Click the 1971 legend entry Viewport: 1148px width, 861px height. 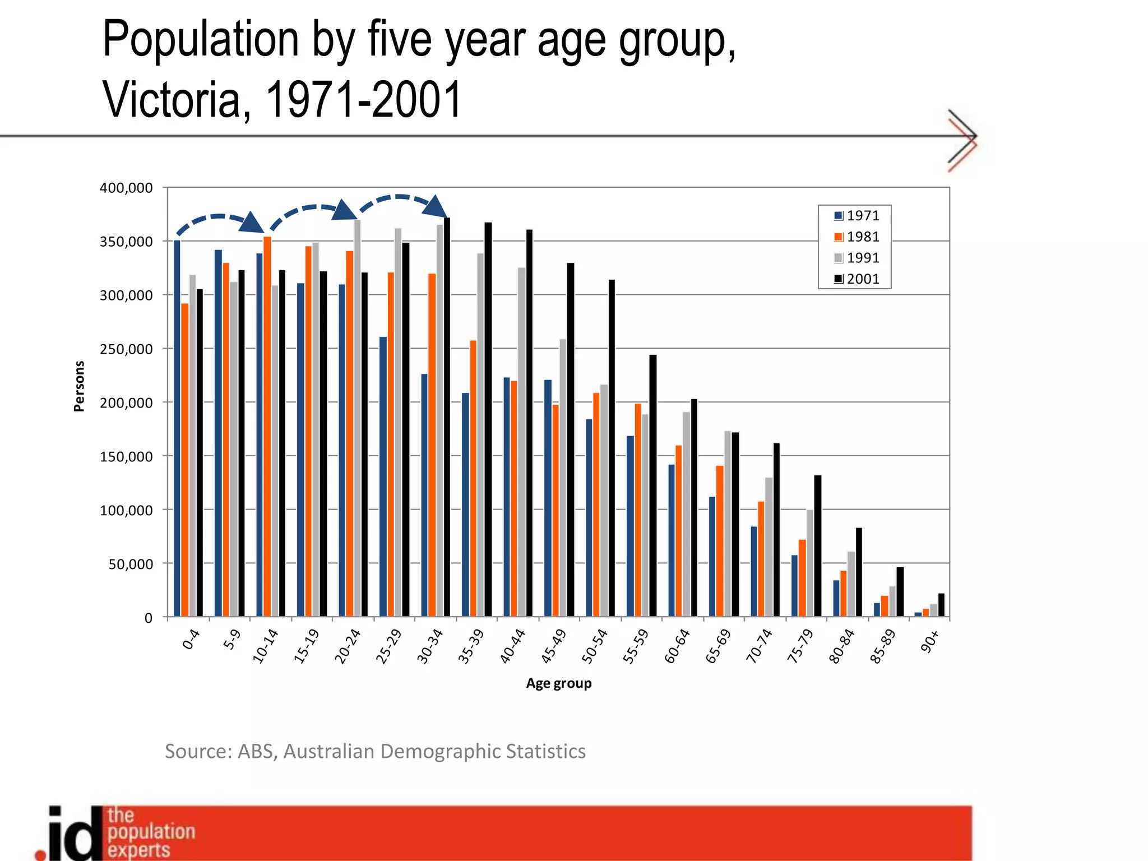(857, 215)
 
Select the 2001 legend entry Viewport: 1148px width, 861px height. (857, 279)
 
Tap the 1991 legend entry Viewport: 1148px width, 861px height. (857, 258)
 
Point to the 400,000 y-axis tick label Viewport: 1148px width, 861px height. (126, 188)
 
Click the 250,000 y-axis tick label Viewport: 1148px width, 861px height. (126, 349)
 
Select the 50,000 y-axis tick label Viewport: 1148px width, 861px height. (130, 564)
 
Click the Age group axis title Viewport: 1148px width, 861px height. (558, 683)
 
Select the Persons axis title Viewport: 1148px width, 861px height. (79, 386)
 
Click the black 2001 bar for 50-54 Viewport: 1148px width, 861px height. (612, 448)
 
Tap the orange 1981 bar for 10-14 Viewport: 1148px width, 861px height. (267, 426)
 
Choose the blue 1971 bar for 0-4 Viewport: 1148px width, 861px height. (177, 429)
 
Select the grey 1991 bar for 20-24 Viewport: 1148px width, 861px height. (357, 418)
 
